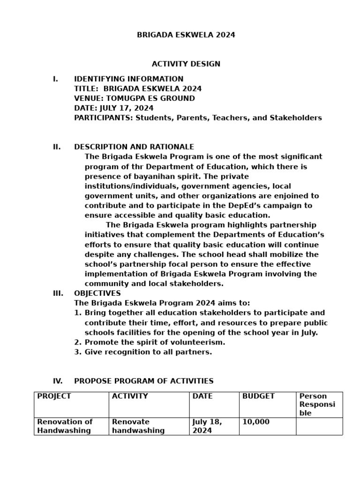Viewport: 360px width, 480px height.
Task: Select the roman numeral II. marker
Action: [57, 147]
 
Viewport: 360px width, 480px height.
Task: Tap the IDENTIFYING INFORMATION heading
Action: [128, 79]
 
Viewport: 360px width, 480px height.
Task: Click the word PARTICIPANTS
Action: [103, 118]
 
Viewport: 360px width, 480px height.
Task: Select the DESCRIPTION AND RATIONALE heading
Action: [134, 147]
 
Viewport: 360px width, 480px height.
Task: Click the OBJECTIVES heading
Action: [97, 293]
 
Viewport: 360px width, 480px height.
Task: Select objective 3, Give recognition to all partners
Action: [148, 352]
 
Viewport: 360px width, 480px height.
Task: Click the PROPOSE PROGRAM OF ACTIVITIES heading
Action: [143, 381]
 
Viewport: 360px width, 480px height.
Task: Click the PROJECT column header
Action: [54, 396]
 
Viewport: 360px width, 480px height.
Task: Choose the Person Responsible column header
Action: [317, 405]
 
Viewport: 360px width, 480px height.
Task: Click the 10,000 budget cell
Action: [256, 422]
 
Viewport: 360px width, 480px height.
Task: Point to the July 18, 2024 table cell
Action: [207, 426]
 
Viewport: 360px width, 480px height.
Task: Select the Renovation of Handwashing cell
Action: [65, 426]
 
